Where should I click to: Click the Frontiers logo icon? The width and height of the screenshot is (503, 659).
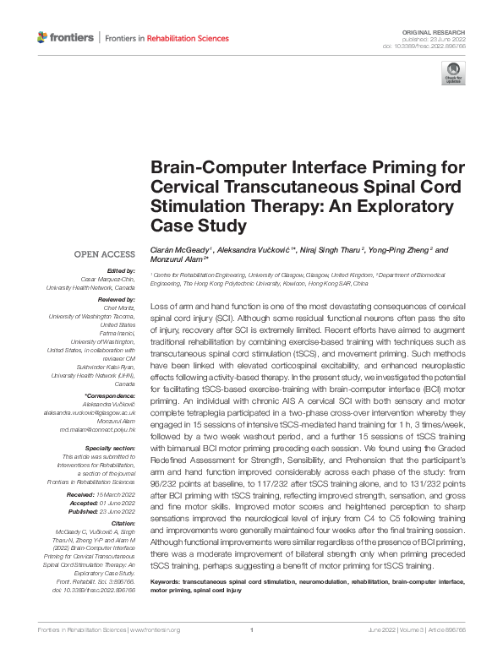click(43, 37)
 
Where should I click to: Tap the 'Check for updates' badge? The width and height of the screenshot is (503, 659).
click(453, 75)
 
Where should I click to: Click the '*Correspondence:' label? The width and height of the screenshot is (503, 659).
click(112, 395)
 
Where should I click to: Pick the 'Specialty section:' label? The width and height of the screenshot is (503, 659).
click(111, 449)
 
